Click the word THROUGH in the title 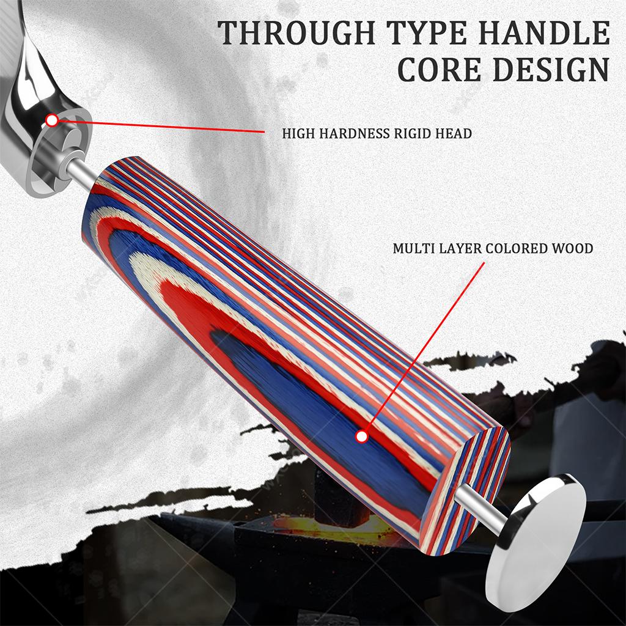point(296,33)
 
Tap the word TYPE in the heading point(427,33)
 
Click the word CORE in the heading point(440,70)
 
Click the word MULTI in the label point(414,248)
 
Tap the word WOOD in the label point(572,248)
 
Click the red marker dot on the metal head point(52,120)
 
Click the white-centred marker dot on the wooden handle point(362,436)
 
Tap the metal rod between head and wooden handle point(82,172)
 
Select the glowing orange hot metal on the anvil point(319,527)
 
